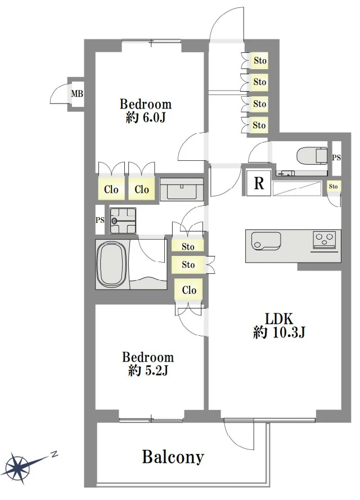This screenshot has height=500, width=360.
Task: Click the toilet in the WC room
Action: pos(312,155)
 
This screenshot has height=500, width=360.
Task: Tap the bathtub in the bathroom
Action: pos(111,264)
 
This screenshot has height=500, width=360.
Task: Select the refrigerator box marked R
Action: pos(259,183)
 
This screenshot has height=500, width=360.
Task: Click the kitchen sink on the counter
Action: pos(265,241)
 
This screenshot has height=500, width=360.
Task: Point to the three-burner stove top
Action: pos(325,239)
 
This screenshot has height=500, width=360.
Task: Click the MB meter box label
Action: pos(77,94)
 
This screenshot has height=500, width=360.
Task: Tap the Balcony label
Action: pos(173,457)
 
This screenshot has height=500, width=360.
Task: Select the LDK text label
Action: pos(278,319)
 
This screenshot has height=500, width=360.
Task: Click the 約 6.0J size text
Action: pos(146,118)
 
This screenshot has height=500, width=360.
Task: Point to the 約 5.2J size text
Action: pos(148,371)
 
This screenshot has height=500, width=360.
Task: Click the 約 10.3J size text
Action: pos(279,332)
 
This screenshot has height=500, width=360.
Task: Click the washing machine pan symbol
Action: pos(123,220)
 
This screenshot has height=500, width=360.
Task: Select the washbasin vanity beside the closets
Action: pos(182,189)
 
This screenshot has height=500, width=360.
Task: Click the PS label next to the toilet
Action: pos(336,157)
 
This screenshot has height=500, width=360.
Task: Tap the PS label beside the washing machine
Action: pos(100,220)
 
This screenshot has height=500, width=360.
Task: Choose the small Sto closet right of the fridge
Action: pos(333,186)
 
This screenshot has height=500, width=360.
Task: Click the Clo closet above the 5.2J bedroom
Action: pos(189,290)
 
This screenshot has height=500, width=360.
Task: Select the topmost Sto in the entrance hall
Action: pos(260,60)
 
